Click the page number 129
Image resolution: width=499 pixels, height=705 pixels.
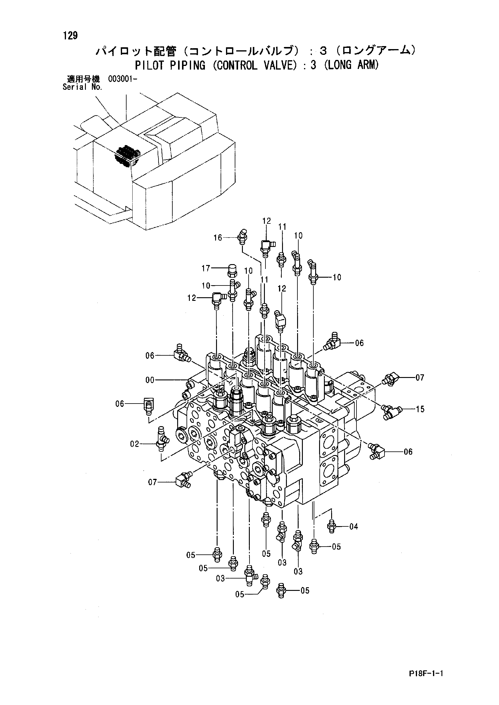[71, 36]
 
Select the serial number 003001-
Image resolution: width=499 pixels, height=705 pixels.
[122, 79]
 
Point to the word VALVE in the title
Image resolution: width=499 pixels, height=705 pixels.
[273, 65]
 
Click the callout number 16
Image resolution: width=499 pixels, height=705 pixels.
[218, 238]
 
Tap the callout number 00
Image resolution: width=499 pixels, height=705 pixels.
[150, 380]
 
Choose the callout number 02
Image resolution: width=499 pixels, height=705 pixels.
[135, 444]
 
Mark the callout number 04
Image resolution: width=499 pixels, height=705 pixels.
[354, 527]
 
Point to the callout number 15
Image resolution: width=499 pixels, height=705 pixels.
[420, 409]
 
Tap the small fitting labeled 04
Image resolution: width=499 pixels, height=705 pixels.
[331, 526]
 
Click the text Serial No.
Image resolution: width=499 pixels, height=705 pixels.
[82, 87]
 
